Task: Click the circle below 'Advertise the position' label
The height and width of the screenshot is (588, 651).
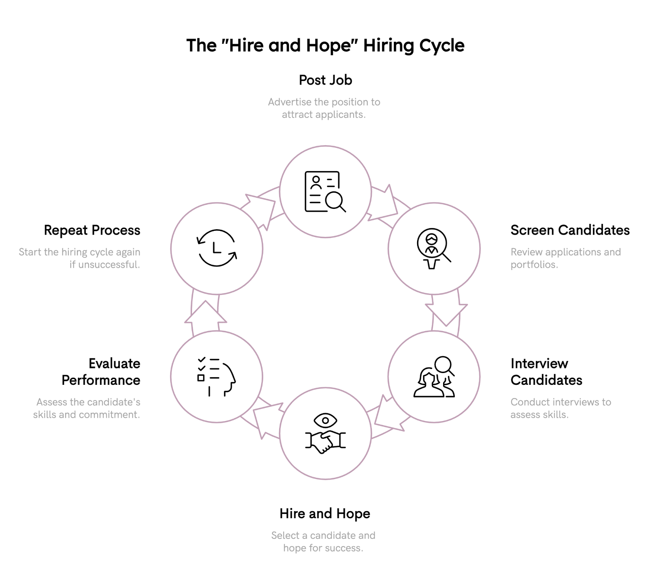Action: [x=325, y=191]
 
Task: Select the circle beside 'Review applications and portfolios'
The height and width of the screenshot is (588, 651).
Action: [x=434, y=248]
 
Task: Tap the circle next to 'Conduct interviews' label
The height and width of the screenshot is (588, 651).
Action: [x=434, y=376]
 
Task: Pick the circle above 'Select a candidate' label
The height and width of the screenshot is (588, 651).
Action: [x=325, y=433]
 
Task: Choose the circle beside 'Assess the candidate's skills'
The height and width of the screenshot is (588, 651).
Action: [x=216, y=376]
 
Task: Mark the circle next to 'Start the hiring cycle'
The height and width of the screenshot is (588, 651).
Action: [x=216, y=248]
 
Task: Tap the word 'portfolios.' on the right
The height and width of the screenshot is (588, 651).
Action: [x=534, y=265]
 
